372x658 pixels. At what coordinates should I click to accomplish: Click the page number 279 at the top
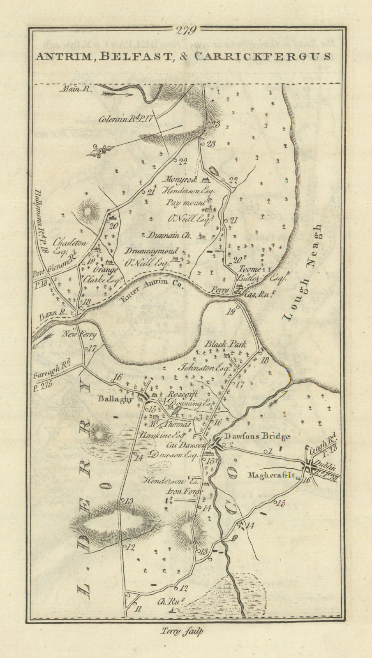tap(186, 30)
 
